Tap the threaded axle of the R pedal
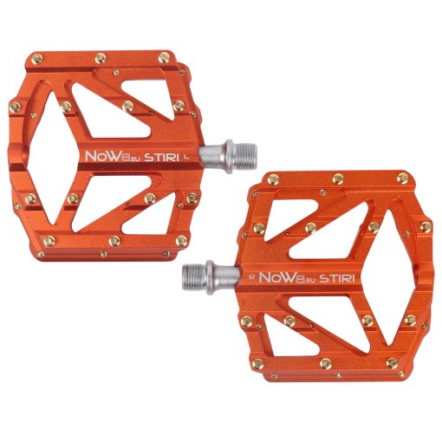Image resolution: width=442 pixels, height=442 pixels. click(202, 277)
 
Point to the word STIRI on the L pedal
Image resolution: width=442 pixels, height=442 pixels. click(163, 157)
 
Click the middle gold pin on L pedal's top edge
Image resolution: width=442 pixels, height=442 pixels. click(101, 57)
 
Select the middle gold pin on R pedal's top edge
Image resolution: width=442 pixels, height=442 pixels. click(338, 179)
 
